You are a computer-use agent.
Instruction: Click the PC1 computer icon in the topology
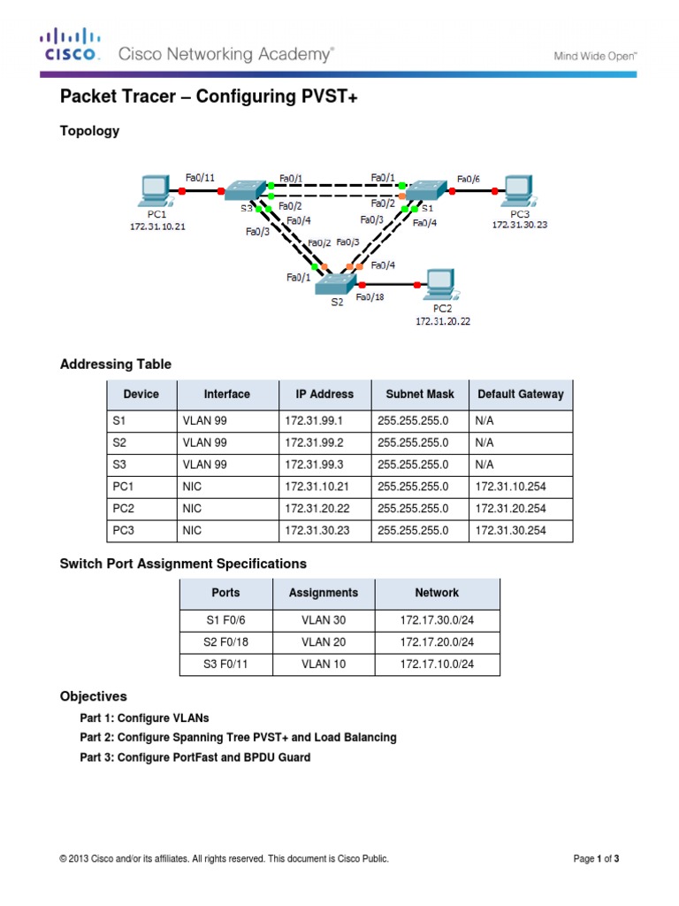click(154, 189)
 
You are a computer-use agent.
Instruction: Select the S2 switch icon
click(337, 283)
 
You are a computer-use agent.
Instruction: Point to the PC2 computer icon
click(439, 283)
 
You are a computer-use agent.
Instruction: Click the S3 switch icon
click(244, 190)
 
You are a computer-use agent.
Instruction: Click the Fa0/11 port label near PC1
click(201, 177)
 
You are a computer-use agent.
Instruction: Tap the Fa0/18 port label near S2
click(370, 298)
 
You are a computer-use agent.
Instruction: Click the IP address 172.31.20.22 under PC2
click(442, 322)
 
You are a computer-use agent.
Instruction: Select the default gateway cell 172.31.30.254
click(510, 531)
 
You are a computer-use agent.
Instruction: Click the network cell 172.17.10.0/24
click(437, 664)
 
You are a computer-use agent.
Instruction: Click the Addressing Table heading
click(115, 364)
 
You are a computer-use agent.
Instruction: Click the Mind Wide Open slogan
click(595, 55)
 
